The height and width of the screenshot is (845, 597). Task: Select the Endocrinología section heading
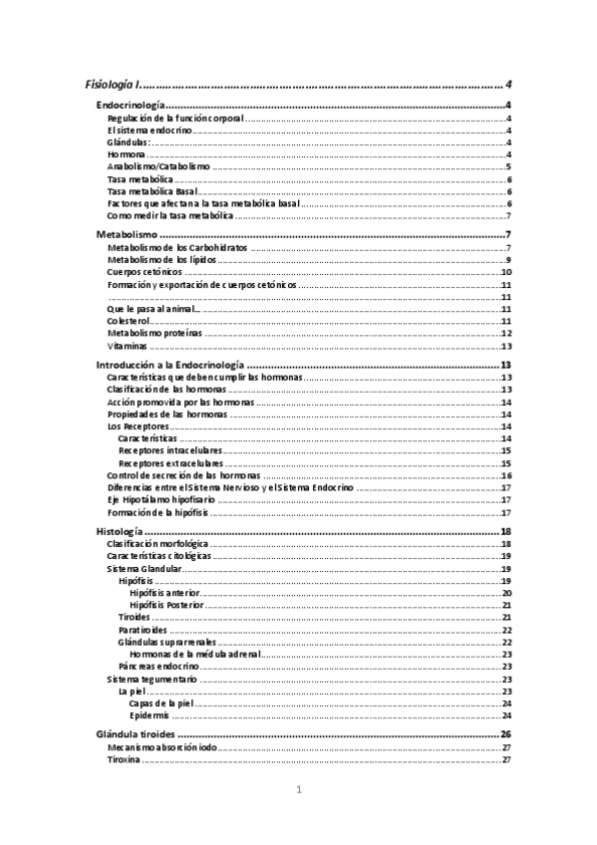(129, 105)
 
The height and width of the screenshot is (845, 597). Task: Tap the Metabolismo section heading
(126, 234)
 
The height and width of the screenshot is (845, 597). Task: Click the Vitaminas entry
(127, 347)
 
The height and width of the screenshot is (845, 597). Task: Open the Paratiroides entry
(143, 631)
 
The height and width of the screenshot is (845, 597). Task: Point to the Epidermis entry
(149, 715)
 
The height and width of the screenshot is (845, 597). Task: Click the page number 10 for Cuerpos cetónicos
(506, 272)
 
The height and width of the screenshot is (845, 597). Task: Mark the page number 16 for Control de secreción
(506, 476)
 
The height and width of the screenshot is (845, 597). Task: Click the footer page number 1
(298, 791)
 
